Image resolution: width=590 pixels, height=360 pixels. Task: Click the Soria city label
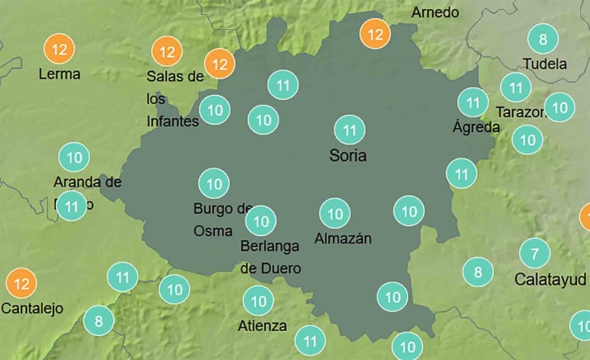pyautogui.click(x=347, y=156)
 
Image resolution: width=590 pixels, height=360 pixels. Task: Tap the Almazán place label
pyautogui.click(x=343, y=239)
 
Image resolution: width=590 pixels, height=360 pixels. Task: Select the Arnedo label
pyautogui.click(x=435, y=12)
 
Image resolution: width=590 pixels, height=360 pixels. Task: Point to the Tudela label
pyautogui.click(x=545, y=64)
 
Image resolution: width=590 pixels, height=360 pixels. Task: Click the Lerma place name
pyautogui.click(x=59, y=73)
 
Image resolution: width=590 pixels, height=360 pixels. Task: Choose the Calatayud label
pyautogui.click(x=550, y=279)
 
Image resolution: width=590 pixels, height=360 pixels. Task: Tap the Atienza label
pyautogui.click(x=262, y=325)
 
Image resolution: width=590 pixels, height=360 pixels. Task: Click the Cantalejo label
pyautogui.click(x=32, y=309)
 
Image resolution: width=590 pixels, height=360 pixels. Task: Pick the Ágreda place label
pyautogui.click(x=476, y=127)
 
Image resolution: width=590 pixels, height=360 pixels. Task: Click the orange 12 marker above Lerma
pyautogui.click(x=59, y=50)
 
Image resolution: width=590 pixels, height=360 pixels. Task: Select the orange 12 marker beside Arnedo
pyautogui.click(x=375, y=35)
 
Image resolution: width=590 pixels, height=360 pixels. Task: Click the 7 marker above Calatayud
pyautogui.click(x=535, y=253)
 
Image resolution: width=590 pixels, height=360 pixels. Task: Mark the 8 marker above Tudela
pyautogui.click(x=543, y=39)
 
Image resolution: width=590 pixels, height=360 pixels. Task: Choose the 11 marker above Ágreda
pyautogui.click(x=473, y=103)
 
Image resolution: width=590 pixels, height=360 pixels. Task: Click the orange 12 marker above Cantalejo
pyautogui.click(x=21, y=284)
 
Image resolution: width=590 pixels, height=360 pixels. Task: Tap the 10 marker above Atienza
pyautogui.click(x=259, y=301)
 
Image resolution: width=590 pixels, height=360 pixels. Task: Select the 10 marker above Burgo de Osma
pyautogui.click(x=214, y=183)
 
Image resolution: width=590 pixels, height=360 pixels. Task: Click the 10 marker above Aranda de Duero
pyautogui.click(x=74, y=156)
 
